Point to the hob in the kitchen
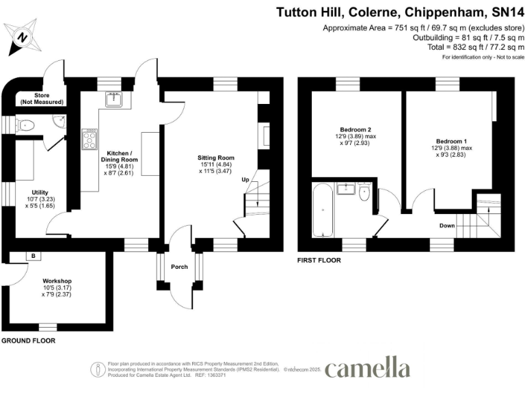click(90, 140)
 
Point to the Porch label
click(179, 267)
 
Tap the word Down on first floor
click(448, 225)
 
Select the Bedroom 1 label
click(451, 142)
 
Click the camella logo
click(367, 368)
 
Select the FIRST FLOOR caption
click(319, 261)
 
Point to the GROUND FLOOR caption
click(28, 340)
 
